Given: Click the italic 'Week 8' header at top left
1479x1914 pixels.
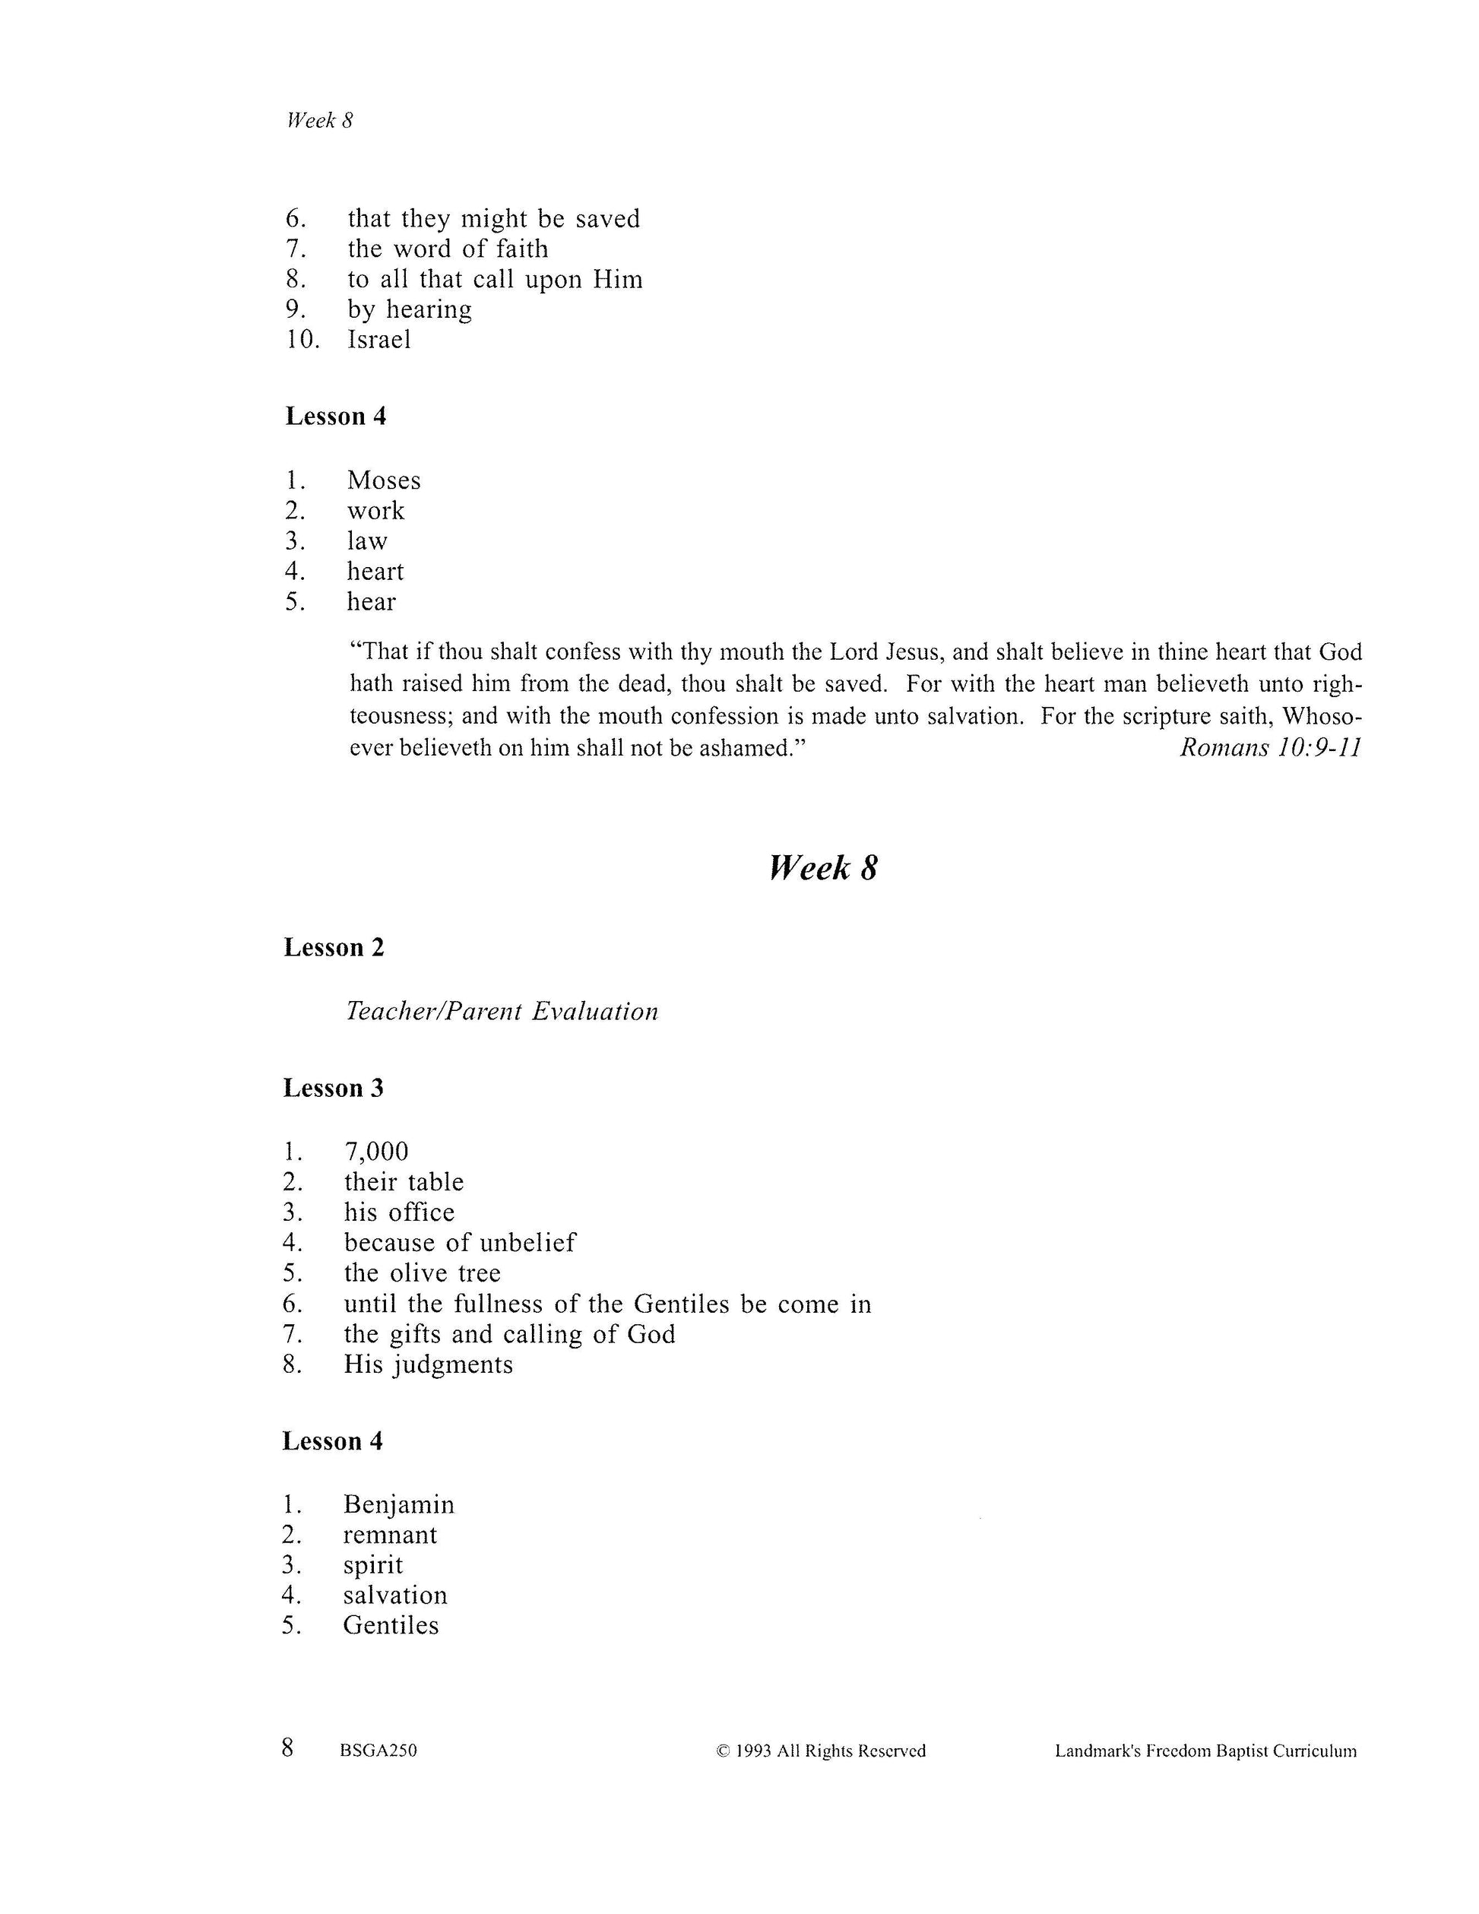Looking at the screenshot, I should [319, 121].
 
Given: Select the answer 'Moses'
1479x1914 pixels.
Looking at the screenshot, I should [384, 480].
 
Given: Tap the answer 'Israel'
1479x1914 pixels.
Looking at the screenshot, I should [378, 339].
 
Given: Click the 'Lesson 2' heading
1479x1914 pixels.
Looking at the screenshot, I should [334, 947].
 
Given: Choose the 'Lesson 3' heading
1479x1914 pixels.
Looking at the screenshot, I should [333, 1088].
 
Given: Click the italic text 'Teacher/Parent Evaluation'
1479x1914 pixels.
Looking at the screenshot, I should [502, 1011].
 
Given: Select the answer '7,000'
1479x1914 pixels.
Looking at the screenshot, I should [376, 1152].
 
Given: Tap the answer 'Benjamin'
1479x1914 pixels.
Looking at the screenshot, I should [399, 1505].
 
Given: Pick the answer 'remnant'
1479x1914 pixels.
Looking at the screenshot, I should [390, 1535].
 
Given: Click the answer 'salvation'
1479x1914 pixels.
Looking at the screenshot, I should [395, 1595].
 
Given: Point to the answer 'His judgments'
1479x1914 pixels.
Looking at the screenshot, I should [429, 1364].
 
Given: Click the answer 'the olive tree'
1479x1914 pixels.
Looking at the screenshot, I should [423, 1272].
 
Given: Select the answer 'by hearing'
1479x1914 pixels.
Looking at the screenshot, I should [409, 309].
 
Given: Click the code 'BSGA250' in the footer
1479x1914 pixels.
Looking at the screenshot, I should [378, 1751].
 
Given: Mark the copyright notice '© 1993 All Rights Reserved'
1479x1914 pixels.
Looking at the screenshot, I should [821, 1751].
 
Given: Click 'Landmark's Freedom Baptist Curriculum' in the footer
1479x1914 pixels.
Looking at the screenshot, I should [1205, 1751].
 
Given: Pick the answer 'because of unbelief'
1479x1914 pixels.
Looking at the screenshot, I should [460, 1243].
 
